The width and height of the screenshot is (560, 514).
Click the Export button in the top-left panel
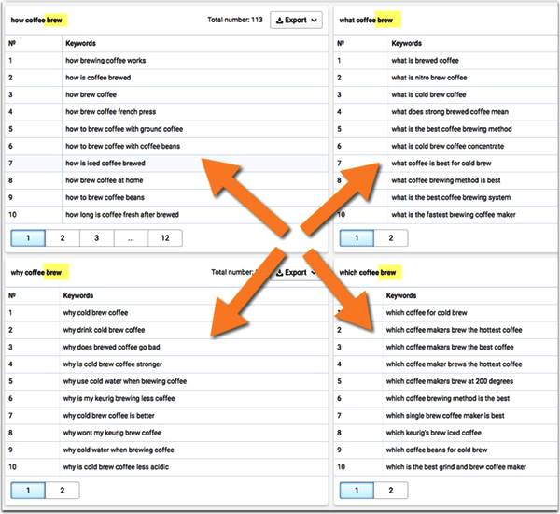click(296, 20)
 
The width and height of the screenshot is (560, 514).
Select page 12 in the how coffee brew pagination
click(165, 238)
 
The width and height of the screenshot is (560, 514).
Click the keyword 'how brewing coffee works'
click(105, 61)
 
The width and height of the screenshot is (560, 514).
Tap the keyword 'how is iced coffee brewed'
click(105, 164)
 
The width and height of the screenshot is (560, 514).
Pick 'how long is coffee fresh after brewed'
click(122, 215)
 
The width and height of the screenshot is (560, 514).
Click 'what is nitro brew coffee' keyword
click(429, 78)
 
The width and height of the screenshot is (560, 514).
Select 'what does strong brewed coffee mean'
click(450, 112)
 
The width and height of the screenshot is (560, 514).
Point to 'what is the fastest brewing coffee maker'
click(454, 215)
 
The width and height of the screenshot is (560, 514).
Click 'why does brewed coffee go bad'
click(111, 348)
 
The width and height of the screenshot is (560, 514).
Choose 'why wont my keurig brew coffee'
click(112, 433)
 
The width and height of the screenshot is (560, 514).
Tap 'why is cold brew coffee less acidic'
click(116, 467)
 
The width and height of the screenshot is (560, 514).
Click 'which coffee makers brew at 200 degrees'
click(450, 381)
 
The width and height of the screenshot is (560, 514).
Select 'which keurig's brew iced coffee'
click(434, 433)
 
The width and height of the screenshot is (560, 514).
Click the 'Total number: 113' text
click(235, 20)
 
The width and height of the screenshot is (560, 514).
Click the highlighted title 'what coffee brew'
click(366, 21)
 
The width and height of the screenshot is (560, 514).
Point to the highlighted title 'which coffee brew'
click(368, 273)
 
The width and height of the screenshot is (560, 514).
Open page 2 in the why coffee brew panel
click(63, 491)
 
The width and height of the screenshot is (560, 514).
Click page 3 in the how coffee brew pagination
click(96, 238)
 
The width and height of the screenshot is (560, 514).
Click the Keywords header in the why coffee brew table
click(78, 296)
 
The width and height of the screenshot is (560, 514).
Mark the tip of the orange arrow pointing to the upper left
click(203, 159)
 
